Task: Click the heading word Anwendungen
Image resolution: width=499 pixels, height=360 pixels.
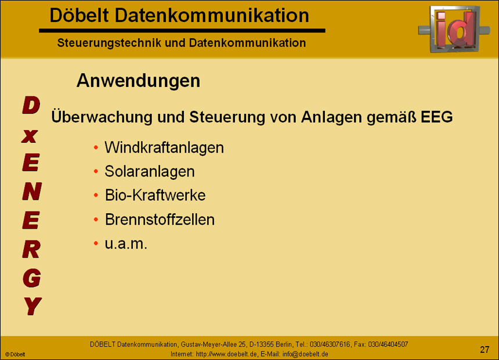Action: [x=138, y=81]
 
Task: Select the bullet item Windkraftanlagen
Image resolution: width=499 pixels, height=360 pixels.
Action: [x=164, y=147]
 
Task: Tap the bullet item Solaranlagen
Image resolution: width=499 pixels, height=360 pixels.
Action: [x=149, y=171]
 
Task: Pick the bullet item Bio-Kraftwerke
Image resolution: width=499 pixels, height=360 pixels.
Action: [x=155, y=195]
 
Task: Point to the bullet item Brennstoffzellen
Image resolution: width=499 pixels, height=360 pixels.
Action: [x=160, y=219]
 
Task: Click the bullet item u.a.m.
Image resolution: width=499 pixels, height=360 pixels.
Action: [x=126, y=244]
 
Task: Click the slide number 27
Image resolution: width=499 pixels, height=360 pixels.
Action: [x=484, y=349]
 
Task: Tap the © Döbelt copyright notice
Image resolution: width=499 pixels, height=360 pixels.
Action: [x=15, y=354]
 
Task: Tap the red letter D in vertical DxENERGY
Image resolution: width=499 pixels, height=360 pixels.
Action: [x=31, y=106]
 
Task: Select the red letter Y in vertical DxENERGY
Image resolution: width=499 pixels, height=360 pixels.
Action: [x=32, y=305]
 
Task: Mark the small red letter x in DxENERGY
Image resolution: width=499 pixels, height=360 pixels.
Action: [x=31, y=136]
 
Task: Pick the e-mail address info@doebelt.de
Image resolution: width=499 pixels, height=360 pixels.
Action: [x=305, y=354]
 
